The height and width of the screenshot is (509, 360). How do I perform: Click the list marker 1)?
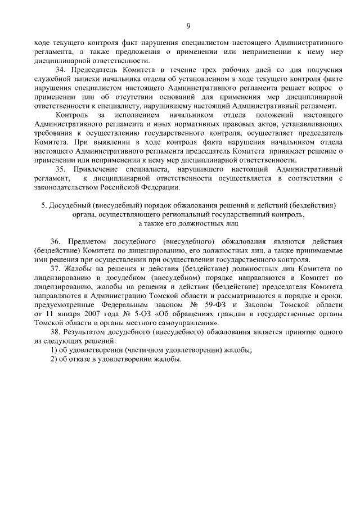point(55,350)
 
